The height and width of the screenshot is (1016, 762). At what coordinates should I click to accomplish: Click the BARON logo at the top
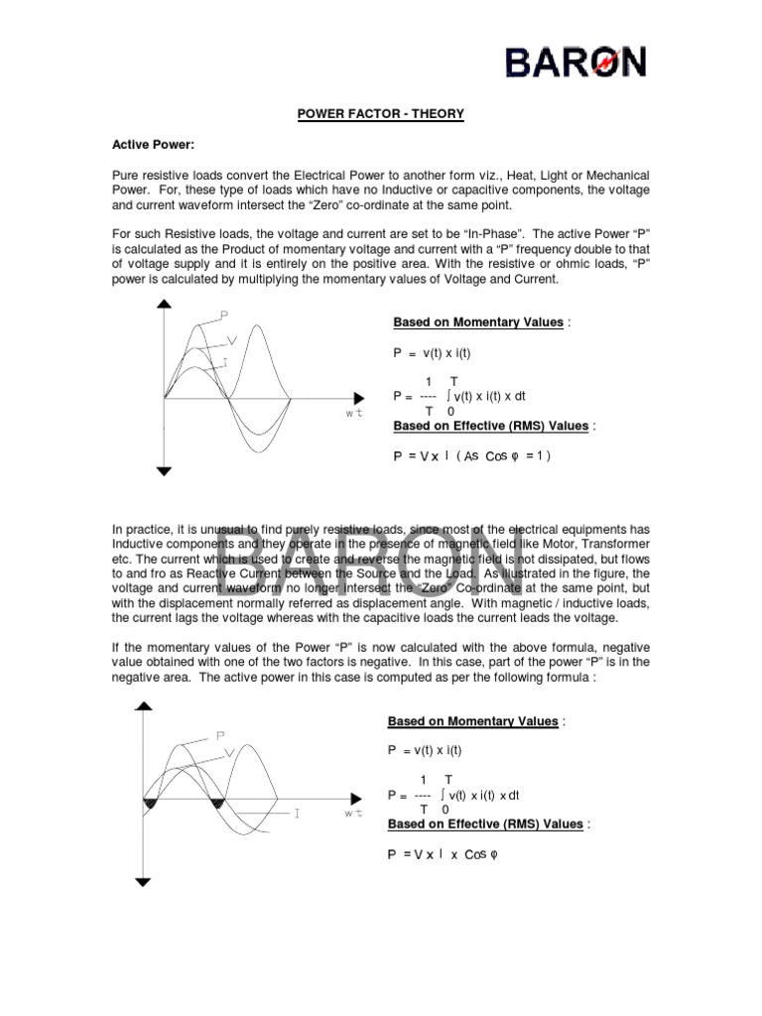pyautogui.click(x=575, y=63)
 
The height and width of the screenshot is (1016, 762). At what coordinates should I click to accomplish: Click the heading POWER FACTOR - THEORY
pyautogui.click(x=381, y=115)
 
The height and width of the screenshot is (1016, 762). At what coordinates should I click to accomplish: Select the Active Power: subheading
pyautogui.click(x=152, y=145)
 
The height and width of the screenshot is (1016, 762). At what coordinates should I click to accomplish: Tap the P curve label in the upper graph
pyautogui.click(x=225, y=316)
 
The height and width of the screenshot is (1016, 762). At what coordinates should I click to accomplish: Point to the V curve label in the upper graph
pyautogui.click(x=232, y=340)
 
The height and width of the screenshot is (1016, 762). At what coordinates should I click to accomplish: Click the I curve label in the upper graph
pyautogui.click(x=225, y=364)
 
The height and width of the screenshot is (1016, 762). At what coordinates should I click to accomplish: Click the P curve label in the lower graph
pyautogui.click(x=220, y=735)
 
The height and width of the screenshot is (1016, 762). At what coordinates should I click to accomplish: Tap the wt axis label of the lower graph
pyautogui.click(x=353, y=815)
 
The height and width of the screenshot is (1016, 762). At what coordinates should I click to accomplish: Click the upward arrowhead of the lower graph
pyautogui.click(x=147, y=707)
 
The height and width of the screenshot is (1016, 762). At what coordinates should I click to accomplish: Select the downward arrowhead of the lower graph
pyautogui.click(x=147, y=880)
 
